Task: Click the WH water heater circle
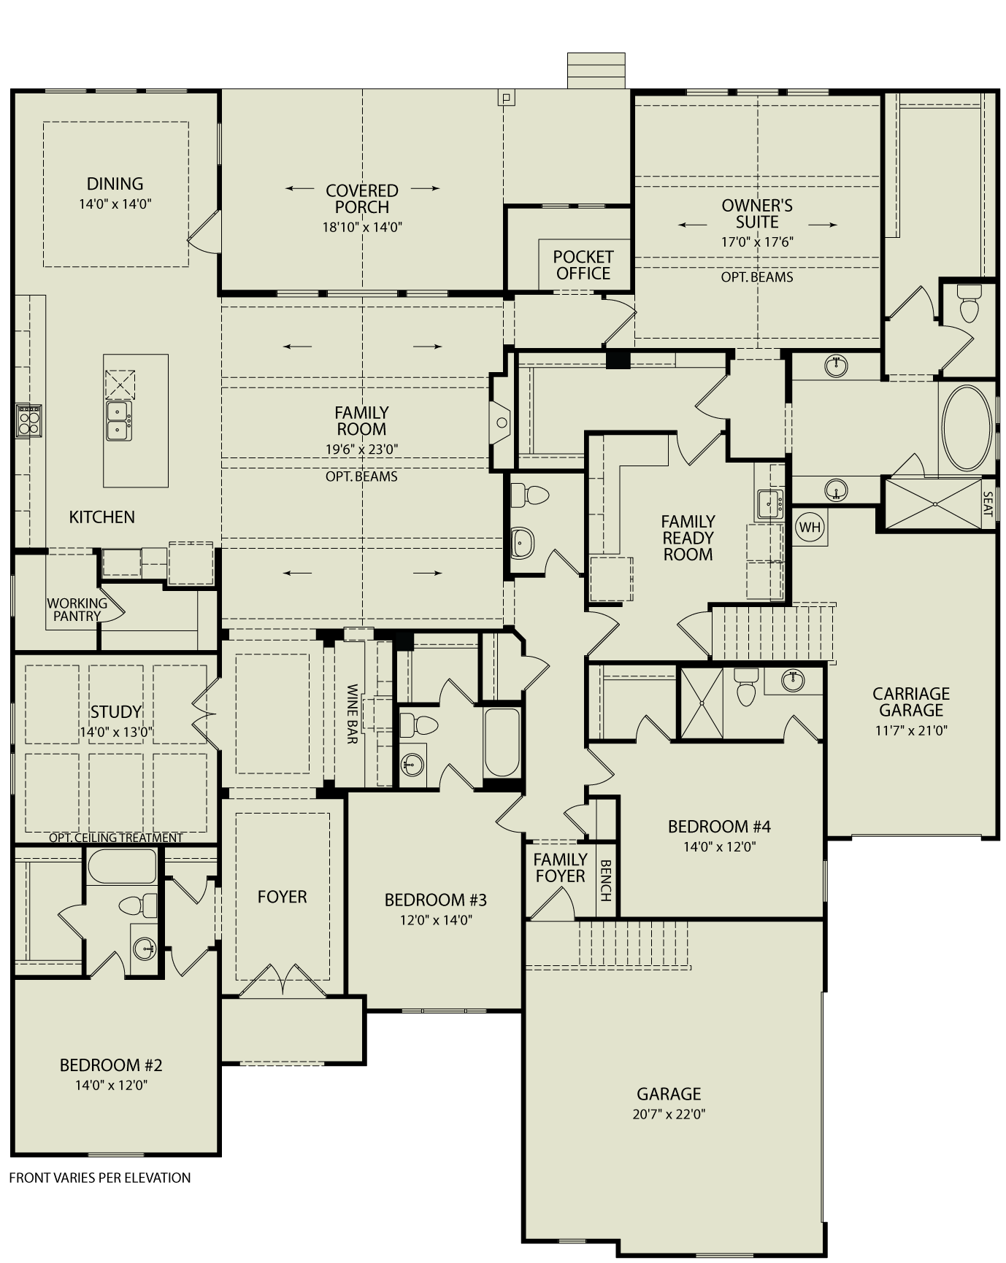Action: coord(810,527)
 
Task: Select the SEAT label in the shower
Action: coord(988,503)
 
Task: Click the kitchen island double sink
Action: coord(119,421)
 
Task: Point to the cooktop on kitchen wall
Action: coord(28,421)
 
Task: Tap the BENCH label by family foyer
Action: coord(605,880)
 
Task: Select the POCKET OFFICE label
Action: coord(583,265)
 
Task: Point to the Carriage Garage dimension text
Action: coord(910,730)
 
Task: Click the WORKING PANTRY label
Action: coord(77,609)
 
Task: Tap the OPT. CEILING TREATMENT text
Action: coord(115,838)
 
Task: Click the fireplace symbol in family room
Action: coord(502,422)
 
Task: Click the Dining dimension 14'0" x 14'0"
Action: coord(115,204)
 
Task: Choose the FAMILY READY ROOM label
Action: coord(688,538)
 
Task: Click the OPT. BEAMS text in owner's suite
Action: coord(756,277)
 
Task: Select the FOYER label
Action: coord(282,897)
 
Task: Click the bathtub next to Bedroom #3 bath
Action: coord(502,742)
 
